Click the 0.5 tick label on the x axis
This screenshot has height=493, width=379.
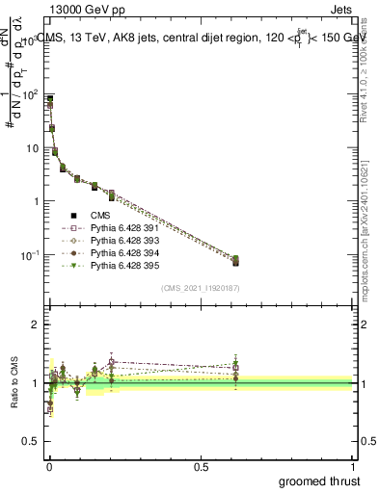pyautogui.click(x=202, y=465)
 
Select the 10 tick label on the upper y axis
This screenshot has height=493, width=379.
pyautogui.click(x=32, y=148)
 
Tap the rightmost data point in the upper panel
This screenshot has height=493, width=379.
pyautogui.click(x=235, y=260)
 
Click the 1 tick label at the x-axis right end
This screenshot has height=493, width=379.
pyautogui.click(x=354, y=465)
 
